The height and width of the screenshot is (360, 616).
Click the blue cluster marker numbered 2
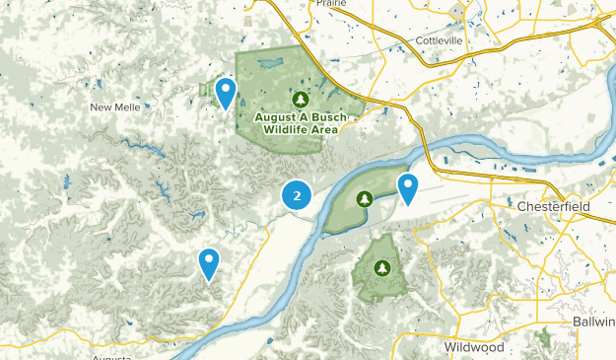[x=297, y=194]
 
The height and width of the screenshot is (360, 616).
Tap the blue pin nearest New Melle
[x=226, y=93]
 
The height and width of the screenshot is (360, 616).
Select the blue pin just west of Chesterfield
[x=408, y=187]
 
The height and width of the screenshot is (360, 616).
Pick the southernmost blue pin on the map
[x=208, y=262]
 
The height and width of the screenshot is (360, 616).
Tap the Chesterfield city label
[x=553, y=207]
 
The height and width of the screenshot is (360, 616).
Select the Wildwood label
[x=474, y=347]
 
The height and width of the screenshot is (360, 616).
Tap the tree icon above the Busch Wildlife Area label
[x=302, y=99]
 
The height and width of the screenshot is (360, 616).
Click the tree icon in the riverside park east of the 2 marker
[x=365, y=199]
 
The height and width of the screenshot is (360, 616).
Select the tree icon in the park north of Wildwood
[x=382, y=266]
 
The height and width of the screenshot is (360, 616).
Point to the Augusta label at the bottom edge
[x=111, y=357]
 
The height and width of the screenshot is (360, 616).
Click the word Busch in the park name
[x=327, y=116]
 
